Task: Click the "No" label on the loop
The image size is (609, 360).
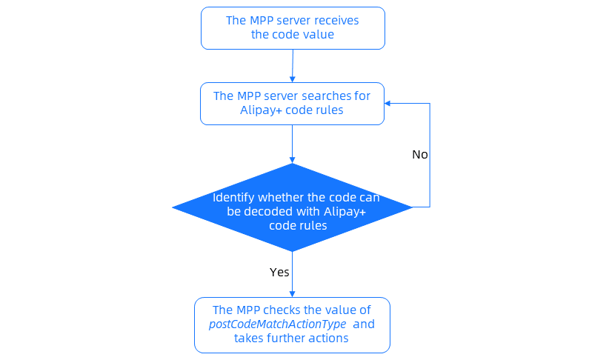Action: (420, 155)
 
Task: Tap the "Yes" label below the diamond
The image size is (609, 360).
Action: (279, 272)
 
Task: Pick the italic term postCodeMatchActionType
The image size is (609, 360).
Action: (278, 324)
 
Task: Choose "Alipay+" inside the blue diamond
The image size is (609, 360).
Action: (345, 212)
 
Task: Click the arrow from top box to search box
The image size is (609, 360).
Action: (293, 66)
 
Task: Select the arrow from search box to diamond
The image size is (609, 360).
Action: (293, 144)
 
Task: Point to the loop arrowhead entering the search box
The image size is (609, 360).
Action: (389, 103)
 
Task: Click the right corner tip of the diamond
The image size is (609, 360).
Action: (411, 207)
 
